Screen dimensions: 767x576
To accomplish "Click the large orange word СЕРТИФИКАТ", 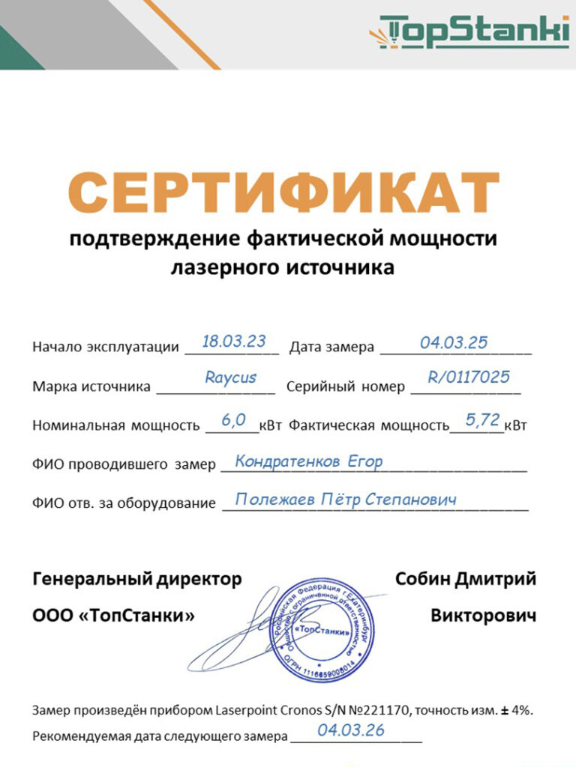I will pos(288,192).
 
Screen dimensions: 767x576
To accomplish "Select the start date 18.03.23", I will pos(234,342).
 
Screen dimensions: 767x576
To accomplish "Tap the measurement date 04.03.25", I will pos(454,343).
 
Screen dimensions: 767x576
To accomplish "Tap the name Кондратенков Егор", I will pos(309,461).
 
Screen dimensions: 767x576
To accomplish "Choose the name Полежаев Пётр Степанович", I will pos(346,499).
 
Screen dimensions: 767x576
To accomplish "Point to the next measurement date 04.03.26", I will pos(351,730).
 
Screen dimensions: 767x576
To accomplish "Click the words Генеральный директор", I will pos(137,579).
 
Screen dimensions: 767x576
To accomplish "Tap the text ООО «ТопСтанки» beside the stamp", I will pos(113,616).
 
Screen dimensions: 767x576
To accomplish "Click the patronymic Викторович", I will pos(483,616).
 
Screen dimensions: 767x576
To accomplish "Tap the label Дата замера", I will pos(331,347).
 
